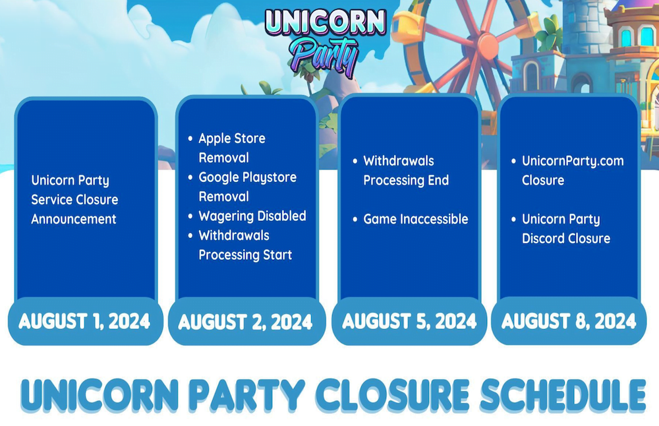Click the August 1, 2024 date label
[84, 321]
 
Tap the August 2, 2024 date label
[245, 322]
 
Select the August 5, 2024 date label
[409, 321]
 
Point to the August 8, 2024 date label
[569, 321]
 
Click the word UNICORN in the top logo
[326, 22]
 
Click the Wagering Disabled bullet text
[252, 216]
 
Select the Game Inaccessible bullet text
[416, 219]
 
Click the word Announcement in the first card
[74, 219]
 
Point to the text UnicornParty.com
[573, 161]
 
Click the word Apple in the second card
[214, 138]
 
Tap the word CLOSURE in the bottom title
[392, 395]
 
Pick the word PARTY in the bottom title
[247, 395]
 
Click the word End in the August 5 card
[438, 180]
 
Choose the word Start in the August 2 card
[277, 255]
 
